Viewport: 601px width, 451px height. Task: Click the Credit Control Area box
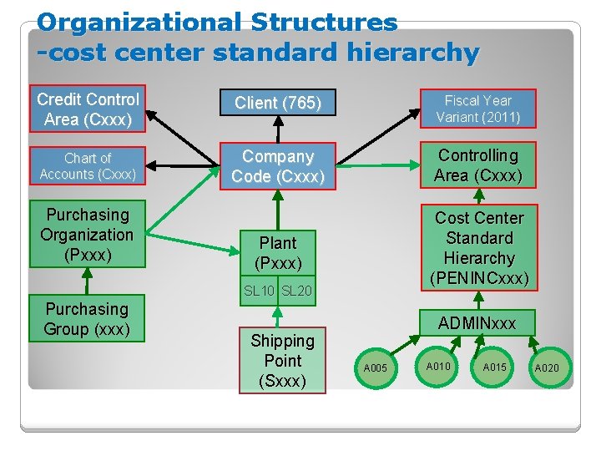click(88, 109)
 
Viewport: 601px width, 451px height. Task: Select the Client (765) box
click(278, 103)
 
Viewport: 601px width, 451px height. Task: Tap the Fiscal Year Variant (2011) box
click(478, 109)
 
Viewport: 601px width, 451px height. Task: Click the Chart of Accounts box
click(88, 165)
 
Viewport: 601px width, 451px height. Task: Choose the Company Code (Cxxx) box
click(278, 166)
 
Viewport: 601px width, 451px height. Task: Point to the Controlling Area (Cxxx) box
click(478, 165)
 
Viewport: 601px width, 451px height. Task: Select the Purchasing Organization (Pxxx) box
click(88, 235)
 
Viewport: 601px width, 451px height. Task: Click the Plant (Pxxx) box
click(278, 252)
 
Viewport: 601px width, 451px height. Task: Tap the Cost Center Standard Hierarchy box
click(479, 247)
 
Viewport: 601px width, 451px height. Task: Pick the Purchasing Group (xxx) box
click(87, 318)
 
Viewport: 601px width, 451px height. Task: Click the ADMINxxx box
click(477, 322)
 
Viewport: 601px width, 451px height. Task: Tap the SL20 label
click(296, 291)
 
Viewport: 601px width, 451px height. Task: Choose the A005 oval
click(376, 368)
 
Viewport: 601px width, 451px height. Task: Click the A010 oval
click(438, 366)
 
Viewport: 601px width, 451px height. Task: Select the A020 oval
click(547, 367)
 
